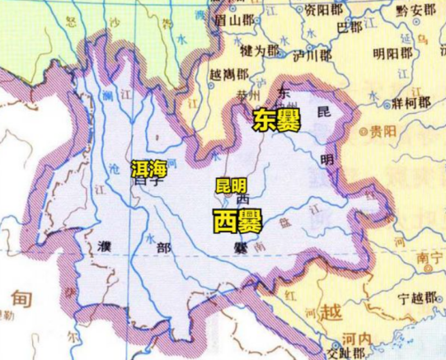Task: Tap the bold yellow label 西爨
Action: point(233,220)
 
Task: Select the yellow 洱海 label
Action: point(149,169)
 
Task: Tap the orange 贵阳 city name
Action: point(382,132)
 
